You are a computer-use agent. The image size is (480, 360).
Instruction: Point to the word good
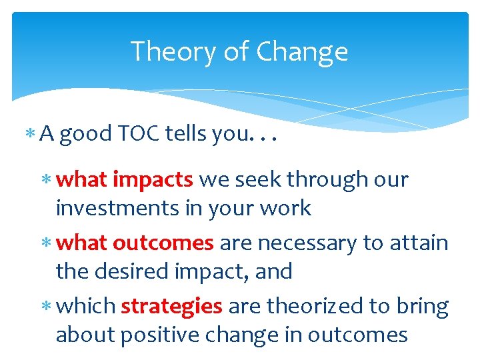click(85, 134)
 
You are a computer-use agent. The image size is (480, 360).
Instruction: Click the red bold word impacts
click(153, 179)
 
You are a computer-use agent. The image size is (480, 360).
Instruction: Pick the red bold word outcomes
click(163, 243)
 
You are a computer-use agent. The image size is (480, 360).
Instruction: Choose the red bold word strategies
click(171, 306)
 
